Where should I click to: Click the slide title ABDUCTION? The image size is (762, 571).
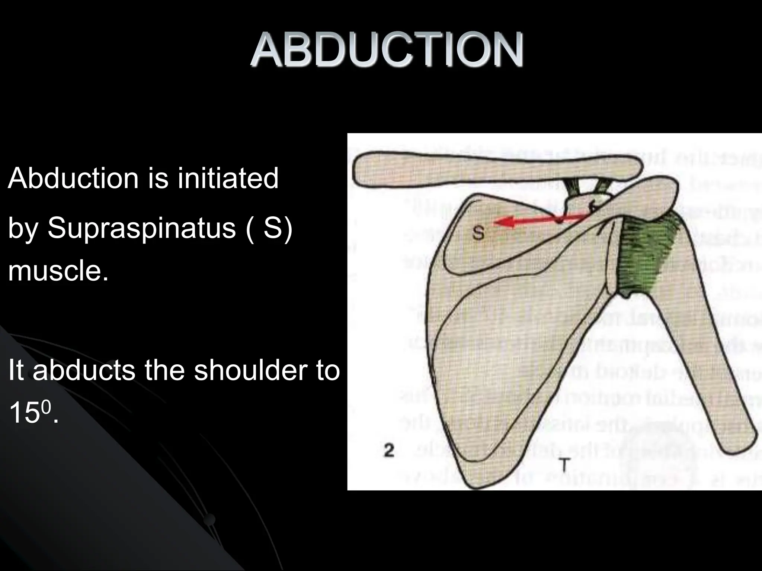click(387, 50)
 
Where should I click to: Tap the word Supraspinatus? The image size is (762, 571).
click(142, 228)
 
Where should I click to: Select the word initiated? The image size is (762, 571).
click(228, 178)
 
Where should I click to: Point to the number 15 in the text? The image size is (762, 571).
click(23, 413)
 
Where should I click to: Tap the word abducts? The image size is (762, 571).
click(84, 371)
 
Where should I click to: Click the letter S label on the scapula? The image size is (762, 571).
click(478, 233)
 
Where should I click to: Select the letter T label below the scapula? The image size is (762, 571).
click(565, 464)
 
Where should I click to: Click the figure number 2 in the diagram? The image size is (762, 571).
click(389, 451)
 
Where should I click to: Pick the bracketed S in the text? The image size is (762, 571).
click(273, 228)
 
